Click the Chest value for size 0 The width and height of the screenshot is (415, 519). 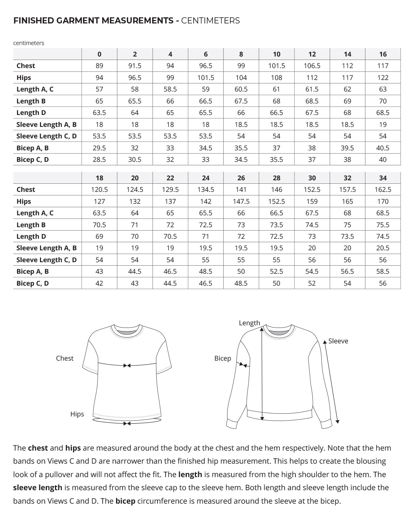pos(99,66)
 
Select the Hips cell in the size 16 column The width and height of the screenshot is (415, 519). pos(383,78)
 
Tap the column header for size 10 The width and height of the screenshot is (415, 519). pos(277,54)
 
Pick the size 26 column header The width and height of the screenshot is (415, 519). pos(241,178)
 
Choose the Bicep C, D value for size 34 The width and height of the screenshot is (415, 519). pos(383,283)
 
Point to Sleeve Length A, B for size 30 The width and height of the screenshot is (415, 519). pos(312,248)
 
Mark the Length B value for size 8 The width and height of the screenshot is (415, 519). pos(241,101)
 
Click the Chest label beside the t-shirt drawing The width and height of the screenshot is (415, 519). pos(65,358)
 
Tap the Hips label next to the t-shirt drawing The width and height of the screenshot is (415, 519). pos(77,414)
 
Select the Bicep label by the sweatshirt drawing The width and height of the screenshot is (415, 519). pos(223,358)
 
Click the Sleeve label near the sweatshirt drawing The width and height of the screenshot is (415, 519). pos(338,341)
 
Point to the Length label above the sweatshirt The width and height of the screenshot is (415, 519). pos(249,323)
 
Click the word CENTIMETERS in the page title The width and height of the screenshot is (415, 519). pos(210,21)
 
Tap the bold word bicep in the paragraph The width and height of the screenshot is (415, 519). pos(125,501)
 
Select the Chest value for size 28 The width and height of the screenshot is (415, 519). pos(277,190)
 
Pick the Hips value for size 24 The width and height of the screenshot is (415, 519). pos(206,201)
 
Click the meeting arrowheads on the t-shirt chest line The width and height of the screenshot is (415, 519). pos(127,365)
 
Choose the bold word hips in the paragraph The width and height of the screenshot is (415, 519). pos(73,448)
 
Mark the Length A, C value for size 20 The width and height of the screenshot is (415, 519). pos(135,213)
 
